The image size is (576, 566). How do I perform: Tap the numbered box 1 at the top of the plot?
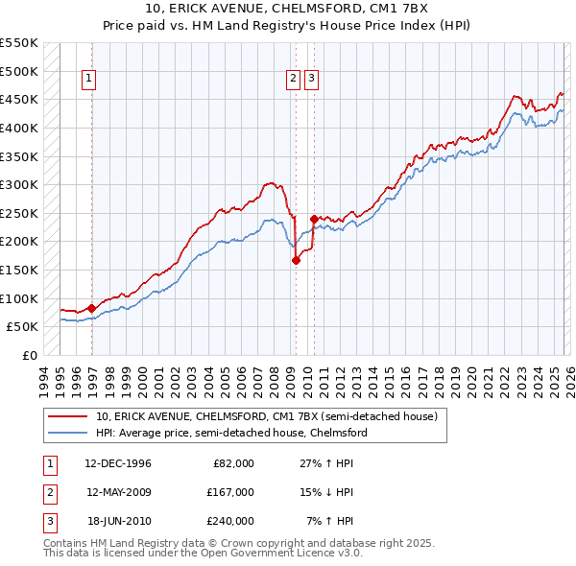point(89,80)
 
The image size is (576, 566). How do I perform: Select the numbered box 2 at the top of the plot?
point(293,80)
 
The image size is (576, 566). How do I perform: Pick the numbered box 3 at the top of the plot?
point(312,80)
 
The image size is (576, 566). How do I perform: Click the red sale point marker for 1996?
point(92,308)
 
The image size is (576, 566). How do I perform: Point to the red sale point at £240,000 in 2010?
point(314,219)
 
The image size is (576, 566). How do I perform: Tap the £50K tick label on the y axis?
point(23,326)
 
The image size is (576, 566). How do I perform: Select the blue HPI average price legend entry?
point(230,433)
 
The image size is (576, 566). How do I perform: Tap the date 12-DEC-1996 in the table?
point(118,463)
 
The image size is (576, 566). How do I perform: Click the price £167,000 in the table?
point(233,492)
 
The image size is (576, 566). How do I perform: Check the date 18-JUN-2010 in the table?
point(118,521)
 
